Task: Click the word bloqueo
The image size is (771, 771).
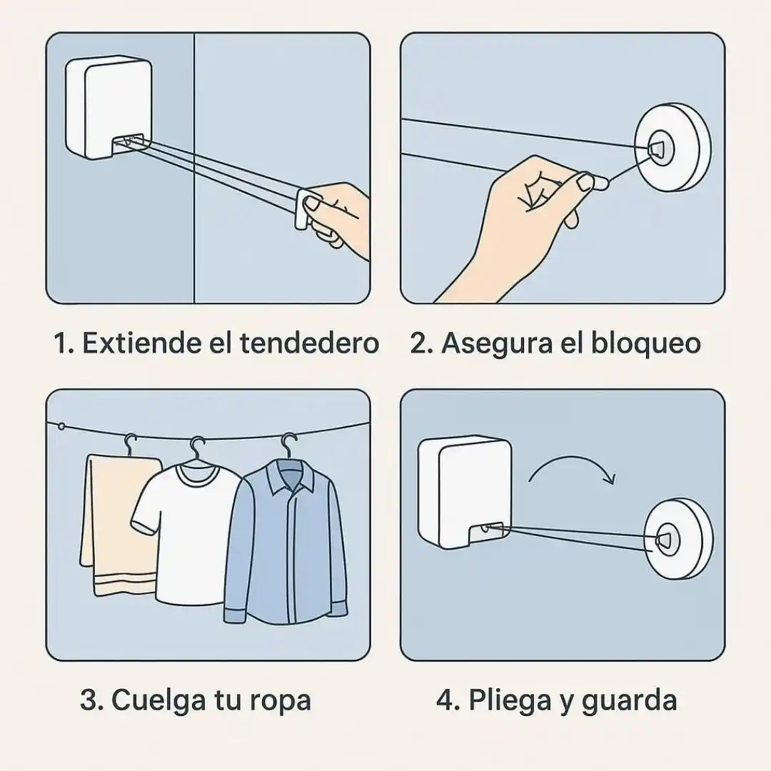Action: [x=646, y=343]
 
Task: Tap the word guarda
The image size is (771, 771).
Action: [x=629, y=700]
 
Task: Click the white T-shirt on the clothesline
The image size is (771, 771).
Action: [x=187, y=528]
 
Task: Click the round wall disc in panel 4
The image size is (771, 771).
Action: [x=677, y=539]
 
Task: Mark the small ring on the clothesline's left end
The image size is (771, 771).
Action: [x=62, y=427]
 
